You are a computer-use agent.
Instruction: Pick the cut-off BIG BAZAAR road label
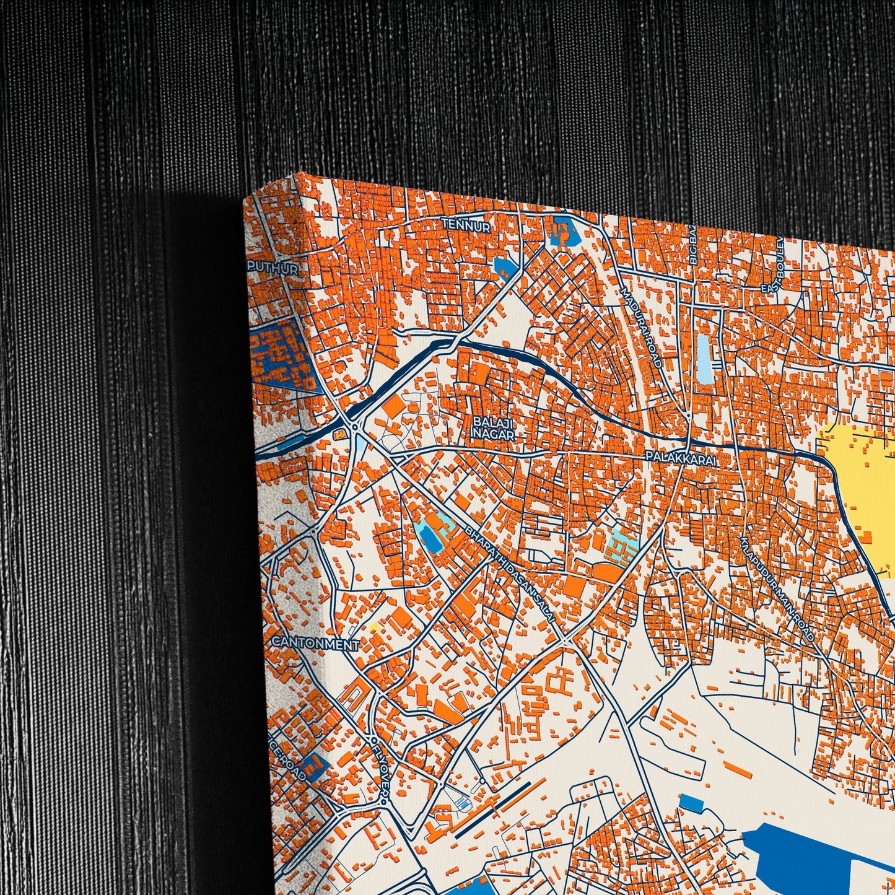[x=693, y=245]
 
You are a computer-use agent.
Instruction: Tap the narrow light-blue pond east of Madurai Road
[x=704, y=358]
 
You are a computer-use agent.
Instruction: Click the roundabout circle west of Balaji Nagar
[x=355, y=427]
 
